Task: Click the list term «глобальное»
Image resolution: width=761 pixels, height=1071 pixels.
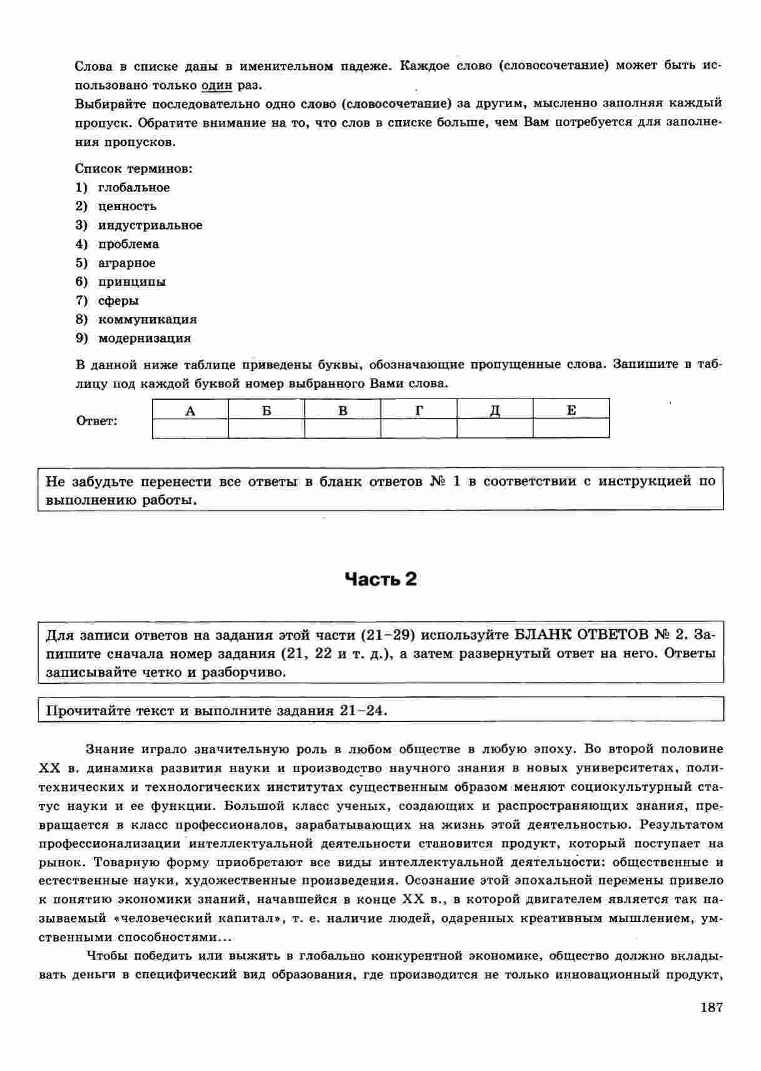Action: pos(133,188)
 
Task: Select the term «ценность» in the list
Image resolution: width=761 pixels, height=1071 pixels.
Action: pos(127,206)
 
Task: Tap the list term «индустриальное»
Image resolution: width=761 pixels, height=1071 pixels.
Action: pos(150,225)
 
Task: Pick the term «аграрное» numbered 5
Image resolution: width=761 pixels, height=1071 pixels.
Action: pos(126,263)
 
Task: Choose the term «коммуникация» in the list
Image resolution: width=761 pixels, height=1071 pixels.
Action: pos(147,320)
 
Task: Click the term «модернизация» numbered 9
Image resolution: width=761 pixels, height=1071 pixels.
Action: pos(144,338)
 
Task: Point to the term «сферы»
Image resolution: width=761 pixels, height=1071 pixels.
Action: pos(118,301)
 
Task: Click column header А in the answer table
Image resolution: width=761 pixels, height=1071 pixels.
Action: pos(190,410)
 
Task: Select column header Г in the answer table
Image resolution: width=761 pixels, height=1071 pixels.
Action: pos(419,410)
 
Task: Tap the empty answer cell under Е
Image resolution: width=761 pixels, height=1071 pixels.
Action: pos(571,428)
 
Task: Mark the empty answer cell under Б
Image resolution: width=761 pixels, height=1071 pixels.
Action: pos(267,428)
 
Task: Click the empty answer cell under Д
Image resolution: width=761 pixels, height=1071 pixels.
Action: pos(494,428)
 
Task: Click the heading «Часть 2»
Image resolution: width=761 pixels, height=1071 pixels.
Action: pos(380,579)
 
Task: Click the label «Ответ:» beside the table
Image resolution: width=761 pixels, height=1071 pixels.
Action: pos(96,421)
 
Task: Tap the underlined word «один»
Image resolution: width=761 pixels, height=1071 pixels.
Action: pos(217,85)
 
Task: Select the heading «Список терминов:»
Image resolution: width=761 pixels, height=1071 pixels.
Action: pos(133,169)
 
